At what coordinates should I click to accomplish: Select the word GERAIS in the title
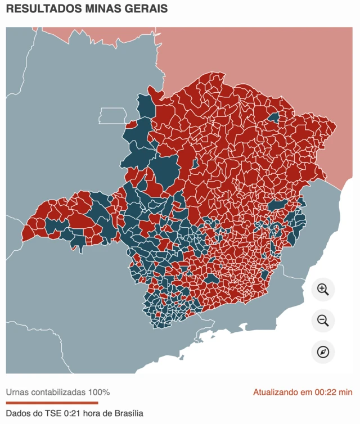point(146,9)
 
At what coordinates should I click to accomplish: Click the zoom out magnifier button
point(323,321)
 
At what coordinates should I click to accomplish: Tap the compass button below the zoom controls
point(323,352)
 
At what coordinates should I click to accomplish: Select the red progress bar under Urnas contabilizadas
point(52,403)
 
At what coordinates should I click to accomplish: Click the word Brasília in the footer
point(127,413)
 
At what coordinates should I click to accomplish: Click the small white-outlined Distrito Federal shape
point(112,116)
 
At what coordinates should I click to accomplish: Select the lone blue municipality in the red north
point(274,118)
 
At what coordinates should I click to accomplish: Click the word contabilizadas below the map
point(58,392)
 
